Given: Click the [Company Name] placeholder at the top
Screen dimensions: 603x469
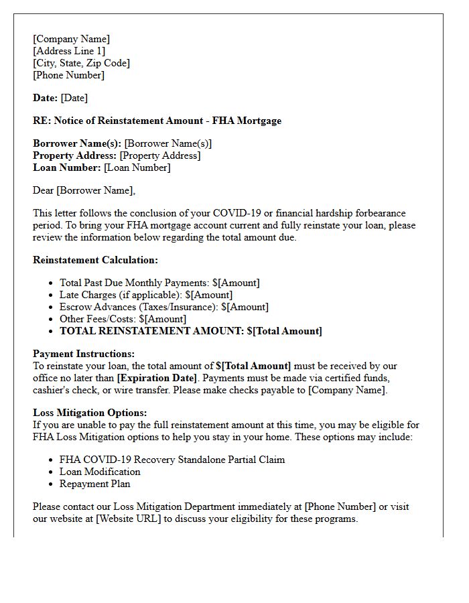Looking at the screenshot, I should [x=71, y=39].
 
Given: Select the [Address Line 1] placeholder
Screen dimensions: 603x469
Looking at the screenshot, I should [x=69, y=51].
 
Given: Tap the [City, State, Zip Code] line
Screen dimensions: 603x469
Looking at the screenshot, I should [x=81, y=63].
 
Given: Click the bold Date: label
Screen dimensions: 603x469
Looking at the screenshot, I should [x=46, y=98].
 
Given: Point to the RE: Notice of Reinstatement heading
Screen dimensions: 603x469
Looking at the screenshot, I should [x=157, y=121].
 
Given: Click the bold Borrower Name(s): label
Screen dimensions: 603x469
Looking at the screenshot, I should [x=77, y=143].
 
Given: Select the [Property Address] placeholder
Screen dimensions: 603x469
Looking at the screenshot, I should [x=160, y=155].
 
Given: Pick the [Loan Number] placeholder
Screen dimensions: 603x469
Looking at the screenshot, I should [x=137, y=167].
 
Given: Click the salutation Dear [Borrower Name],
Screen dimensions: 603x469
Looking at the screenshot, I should [x=84, y=190].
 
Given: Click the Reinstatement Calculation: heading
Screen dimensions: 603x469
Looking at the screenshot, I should [x=95, y=260].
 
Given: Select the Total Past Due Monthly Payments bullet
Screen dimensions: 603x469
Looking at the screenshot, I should [x=159, y=283].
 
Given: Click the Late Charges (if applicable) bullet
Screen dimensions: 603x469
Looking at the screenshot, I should [x=146, y=295].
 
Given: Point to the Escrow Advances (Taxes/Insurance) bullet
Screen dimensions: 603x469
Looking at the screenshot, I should [x=164, y=307].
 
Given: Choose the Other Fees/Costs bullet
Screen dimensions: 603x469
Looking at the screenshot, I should [x=123, y=319].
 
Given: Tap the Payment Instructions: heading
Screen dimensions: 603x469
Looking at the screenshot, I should [x=84, y=354].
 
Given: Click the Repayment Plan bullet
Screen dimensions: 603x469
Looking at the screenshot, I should [x=95, y=484].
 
